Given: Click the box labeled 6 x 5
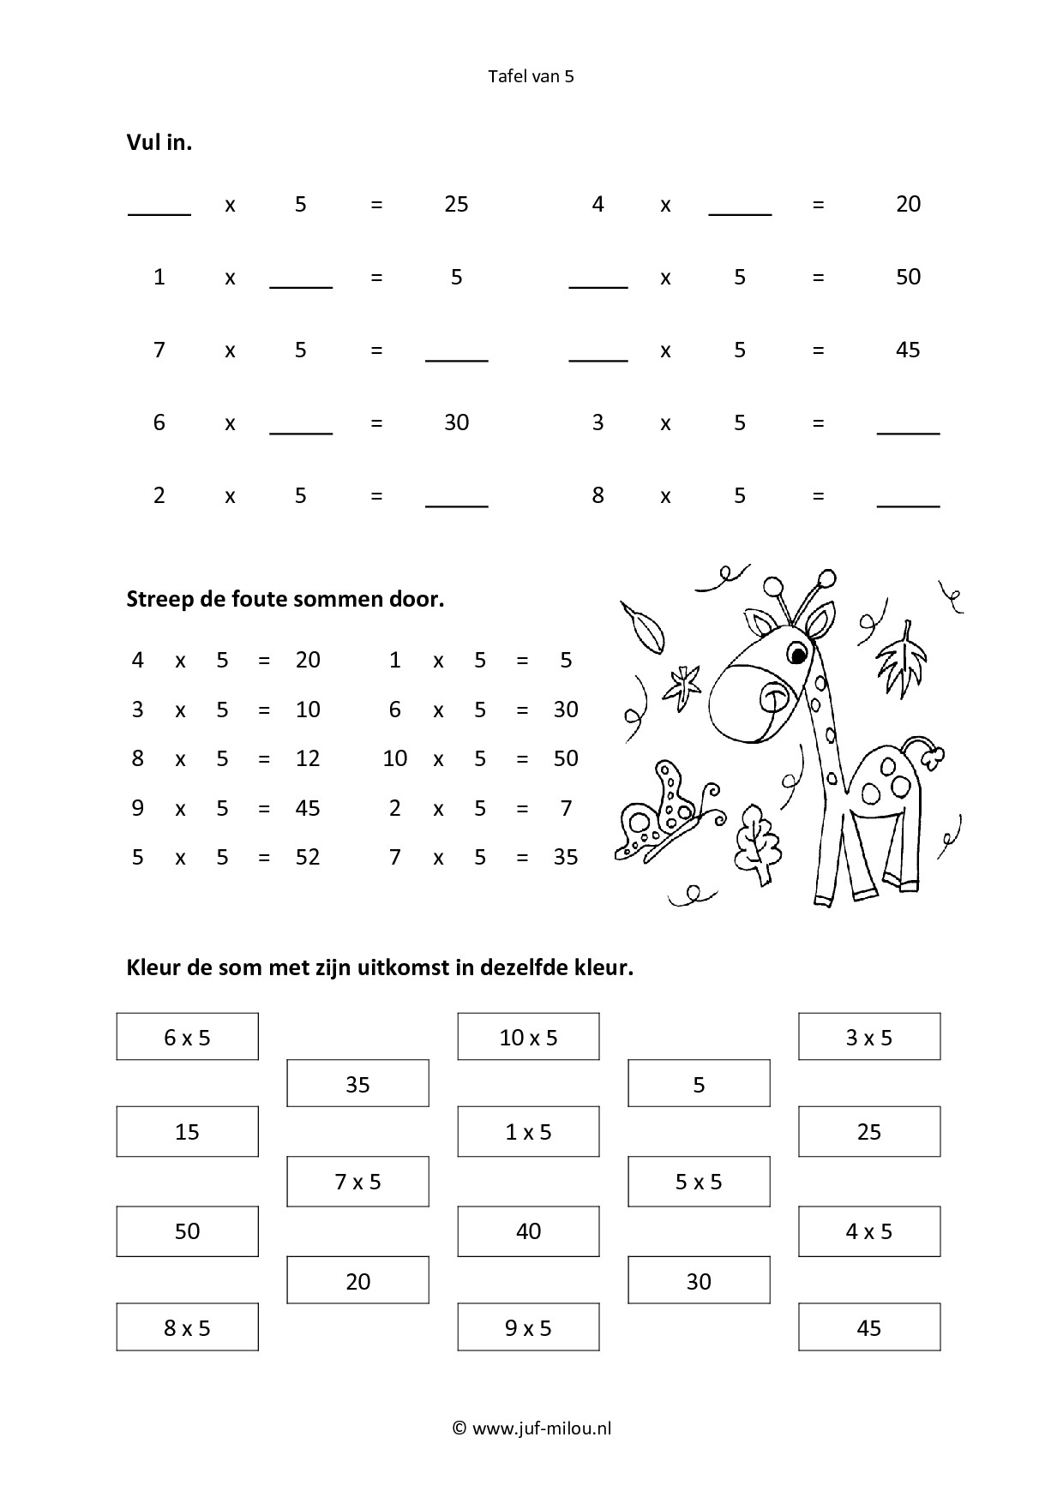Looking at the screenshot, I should [187, 1037].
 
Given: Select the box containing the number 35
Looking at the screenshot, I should [357, 1084].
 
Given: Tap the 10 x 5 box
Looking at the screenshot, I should [528, 1037].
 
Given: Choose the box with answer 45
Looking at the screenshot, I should [869, 1327].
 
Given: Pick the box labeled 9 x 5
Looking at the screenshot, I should [528, 1327].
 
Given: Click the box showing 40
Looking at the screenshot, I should [528, 1231].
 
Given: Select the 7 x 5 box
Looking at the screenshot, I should [357, 1182].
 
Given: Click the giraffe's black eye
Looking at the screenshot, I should [798, 656].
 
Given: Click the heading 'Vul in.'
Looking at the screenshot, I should [159, 142].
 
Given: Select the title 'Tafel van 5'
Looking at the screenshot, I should [531, 76].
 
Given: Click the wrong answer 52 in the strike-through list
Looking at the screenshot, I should [307, 857].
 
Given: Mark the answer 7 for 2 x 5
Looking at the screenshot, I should [566, 808].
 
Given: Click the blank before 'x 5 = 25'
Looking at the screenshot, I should [159, 206].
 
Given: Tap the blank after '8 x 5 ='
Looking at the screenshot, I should [908, 497].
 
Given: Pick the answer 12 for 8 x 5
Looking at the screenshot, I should [307, 758].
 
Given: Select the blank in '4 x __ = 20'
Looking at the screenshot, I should [740, 206].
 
